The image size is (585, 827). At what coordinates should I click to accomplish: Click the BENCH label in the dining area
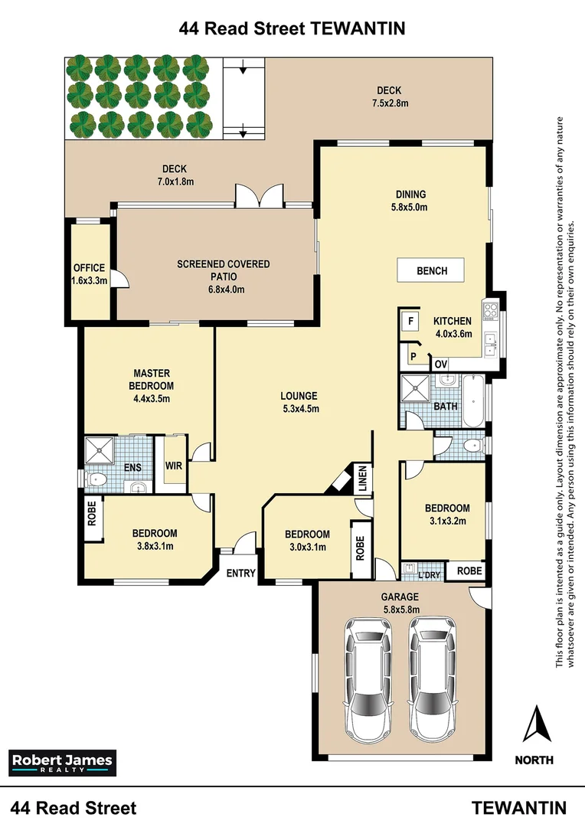coord(432,271)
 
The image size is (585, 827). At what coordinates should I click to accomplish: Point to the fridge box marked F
coord(410,321)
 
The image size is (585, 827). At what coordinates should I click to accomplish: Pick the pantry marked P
coord(413,356)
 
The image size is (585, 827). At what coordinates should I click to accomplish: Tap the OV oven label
coord(440,364)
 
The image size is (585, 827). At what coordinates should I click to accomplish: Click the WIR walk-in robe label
coord(173,466)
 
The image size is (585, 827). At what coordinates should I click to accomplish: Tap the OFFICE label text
coord(88,268)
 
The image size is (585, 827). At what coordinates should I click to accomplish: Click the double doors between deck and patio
coord(260,197)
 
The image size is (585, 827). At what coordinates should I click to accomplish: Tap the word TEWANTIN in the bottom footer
coord(519,808)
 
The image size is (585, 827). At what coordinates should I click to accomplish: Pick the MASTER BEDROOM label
coord(151,380)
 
